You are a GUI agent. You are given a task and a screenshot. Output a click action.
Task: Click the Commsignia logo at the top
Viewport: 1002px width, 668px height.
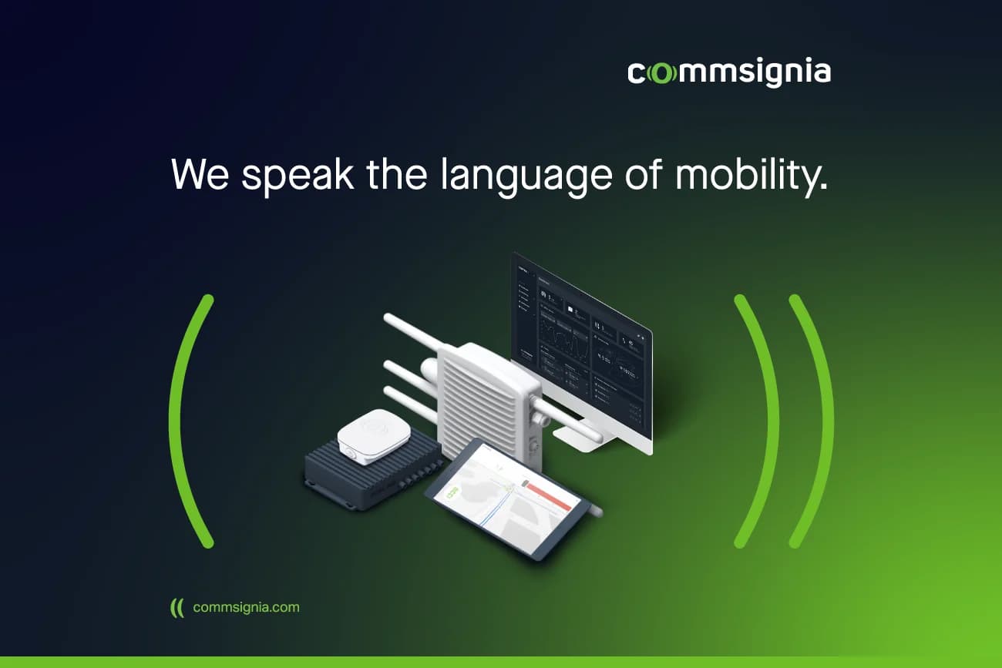(728, 73)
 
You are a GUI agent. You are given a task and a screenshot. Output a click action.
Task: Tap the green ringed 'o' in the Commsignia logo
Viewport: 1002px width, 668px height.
(661, 73)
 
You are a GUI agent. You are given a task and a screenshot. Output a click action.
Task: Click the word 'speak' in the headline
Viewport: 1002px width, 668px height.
(297, 175)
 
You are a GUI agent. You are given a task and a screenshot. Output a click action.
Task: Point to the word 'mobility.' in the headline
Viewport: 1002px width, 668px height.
(751, 175)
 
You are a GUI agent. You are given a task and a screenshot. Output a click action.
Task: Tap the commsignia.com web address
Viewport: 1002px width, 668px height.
(246, 607)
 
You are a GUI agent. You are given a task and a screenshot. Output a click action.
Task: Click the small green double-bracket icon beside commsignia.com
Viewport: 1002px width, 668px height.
(177, 607)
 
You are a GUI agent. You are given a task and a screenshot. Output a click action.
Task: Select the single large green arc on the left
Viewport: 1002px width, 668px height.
(183, 420)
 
